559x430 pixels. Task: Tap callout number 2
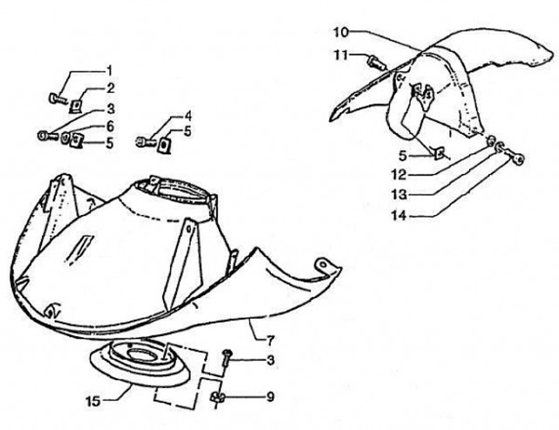[x=109, y=88]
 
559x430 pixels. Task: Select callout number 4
[x=188, y=116]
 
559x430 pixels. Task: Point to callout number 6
[x=109, y=126]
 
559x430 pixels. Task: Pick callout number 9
[x=269, y=397]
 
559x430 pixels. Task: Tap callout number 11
[x=340, y=55]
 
